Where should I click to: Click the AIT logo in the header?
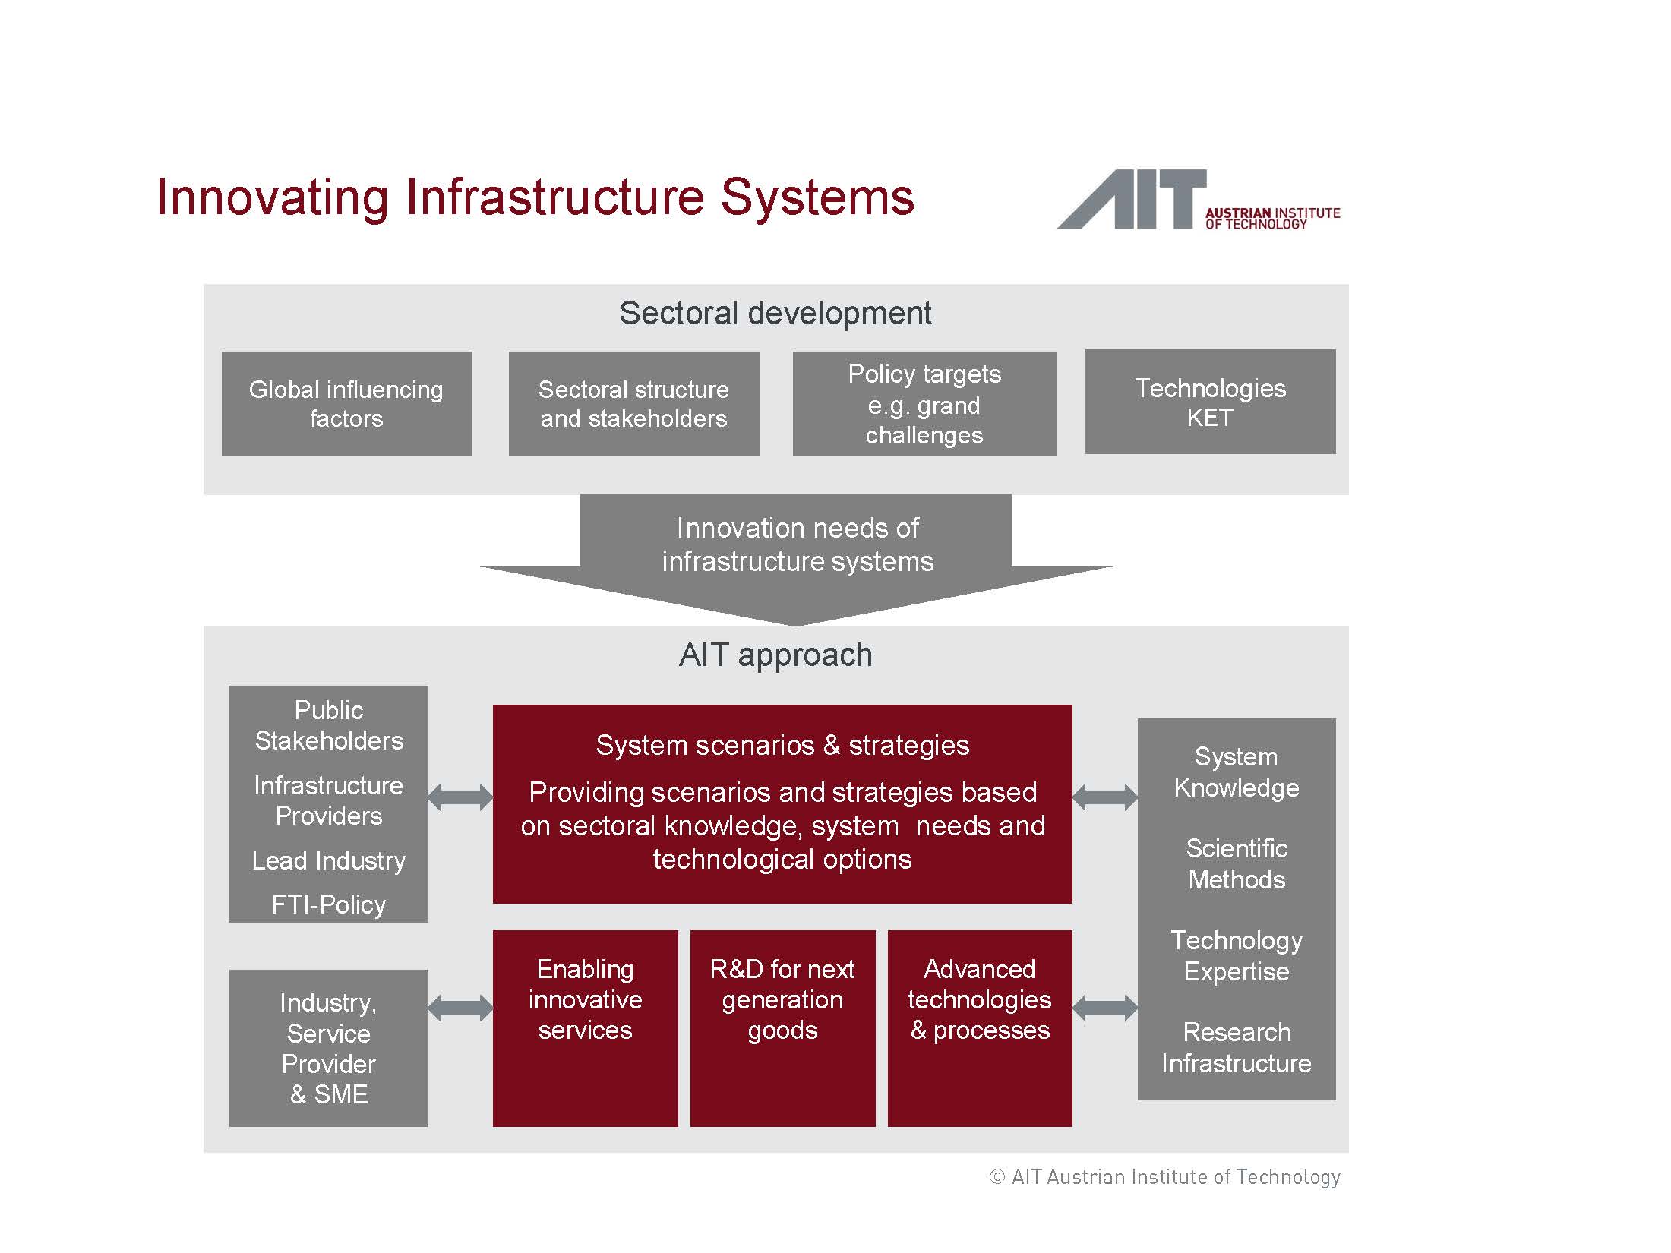(x=1199, y=200)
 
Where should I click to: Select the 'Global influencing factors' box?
(x=346, y=403)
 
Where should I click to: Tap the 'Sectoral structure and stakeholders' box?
(x=633, y=403)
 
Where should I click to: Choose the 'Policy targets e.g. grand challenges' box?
(x=924, y=403)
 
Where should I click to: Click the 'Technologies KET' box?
(x=1210, y=402)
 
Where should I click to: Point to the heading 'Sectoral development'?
(x=775, y=313)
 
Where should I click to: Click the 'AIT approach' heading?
(x=775, y=655)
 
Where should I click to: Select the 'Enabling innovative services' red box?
(x=585, y=1028)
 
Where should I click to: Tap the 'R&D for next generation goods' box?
(x=782, y=1028)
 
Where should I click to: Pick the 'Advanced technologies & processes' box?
(x=980, y=1028)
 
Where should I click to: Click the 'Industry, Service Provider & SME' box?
(x=328, y=1048)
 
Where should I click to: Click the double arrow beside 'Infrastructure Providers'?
(x=460, y=797)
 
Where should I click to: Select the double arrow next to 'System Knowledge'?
(x=1105, y=797)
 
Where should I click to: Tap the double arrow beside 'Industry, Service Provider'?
(x=460, y=1008)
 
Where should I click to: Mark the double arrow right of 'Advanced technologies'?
(x=1105, y=1008)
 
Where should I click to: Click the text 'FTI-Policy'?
(x=329, y=904)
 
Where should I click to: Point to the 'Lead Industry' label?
(x=329, y=860)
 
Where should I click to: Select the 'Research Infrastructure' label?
(x=1237, y=1047)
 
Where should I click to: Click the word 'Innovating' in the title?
(x=273, y=198)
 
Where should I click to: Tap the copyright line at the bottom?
(x=1164, y=1177)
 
